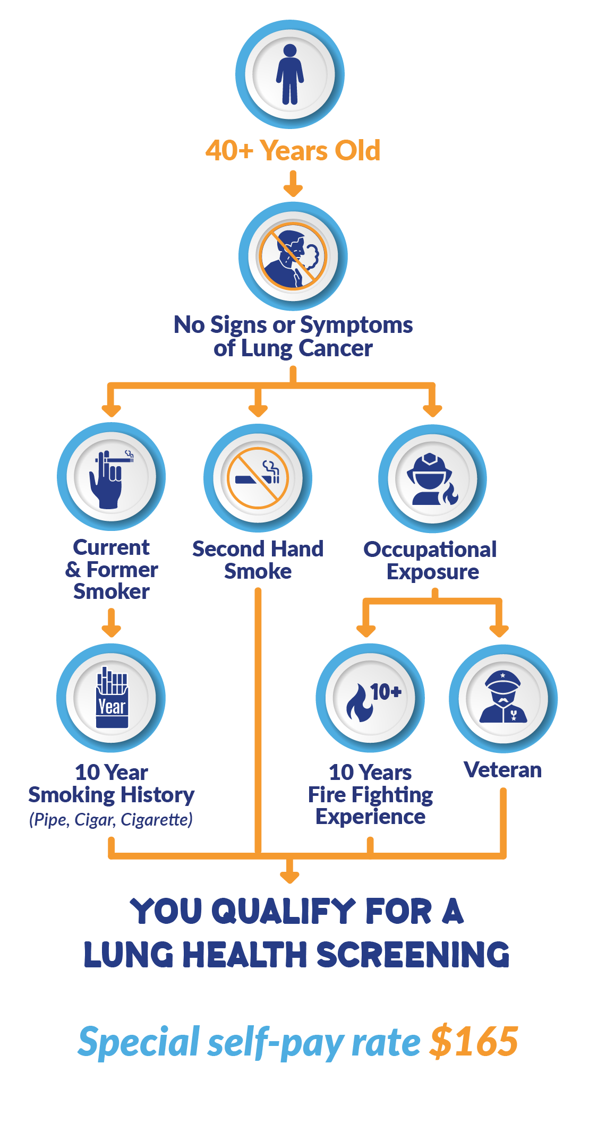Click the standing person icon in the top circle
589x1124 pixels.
(x=290, y=74)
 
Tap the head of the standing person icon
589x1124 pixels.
(x=290, y=50)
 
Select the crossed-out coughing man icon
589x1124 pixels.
(x=293, y=256)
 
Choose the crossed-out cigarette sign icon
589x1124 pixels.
(x=258, y=478)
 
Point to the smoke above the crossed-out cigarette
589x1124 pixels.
(x=271, y=467)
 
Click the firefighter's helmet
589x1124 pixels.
(x=429, y=463)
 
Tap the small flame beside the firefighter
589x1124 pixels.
(x=450, y=494)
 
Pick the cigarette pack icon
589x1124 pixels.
(x=112, y=697)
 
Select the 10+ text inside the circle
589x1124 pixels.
(x=386, y=692)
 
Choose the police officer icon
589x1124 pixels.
(x=503, y=698)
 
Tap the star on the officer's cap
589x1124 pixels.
(x=502, y=675)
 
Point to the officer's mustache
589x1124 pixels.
(x=503, y=701)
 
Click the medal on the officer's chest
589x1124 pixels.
(x=513, y=715)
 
